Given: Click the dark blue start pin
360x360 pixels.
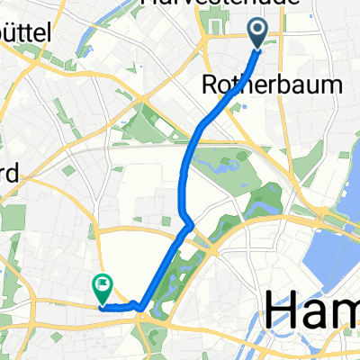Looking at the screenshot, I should click(257, 33).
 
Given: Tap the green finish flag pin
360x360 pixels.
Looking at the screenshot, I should click(102, 288).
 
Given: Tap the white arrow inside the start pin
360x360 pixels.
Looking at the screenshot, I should click(257, 31).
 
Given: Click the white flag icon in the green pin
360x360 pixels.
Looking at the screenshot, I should click(103, 286).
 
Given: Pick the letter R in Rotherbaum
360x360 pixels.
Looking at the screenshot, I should click(211, 86).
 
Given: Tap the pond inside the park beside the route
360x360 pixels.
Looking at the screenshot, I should click(221, 166).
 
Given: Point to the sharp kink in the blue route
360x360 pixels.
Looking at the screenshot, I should click(189, 224).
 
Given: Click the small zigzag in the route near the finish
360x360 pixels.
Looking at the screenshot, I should click(137, 304).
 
